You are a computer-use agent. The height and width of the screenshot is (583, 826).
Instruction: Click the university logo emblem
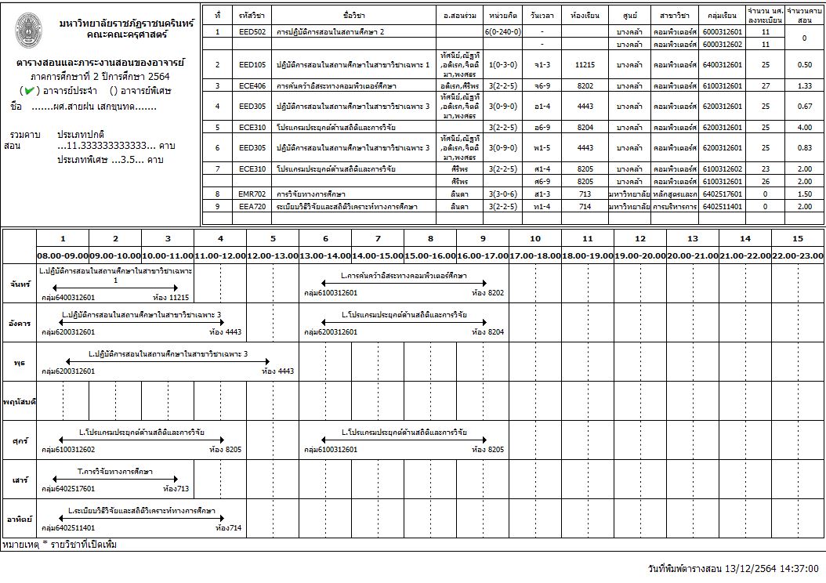pyautogui.click(x=31, y=29)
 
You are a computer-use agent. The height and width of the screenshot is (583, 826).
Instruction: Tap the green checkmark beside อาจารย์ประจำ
pyautogui.click(x=28, y=91)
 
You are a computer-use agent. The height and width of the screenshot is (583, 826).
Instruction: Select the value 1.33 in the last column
pyautogui.click(x=805, y=85)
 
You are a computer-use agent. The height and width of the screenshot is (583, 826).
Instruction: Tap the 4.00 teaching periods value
pyautogui.click(x=805, y=127)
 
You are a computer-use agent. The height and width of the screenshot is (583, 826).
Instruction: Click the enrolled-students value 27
pyautogui.click(x=766, y=85)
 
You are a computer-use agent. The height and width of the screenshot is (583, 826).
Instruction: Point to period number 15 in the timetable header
pyautogui.click(x=798, y=238)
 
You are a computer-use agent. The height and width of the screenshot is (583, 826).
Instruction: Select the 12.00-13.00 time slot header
pyautogui.click(x=273, y=256)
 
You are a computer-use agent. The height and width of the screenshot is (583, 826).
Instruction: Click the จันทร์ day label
pyautogui.click(x=20, y=283)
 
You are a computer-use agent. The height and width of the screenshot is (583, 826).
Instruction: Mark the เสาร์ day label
pyautogui.click(x=20, y=478)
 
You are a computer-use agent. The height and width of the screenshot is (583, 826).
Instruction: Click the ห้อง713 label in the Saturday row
pyautogui.click(x=176, y=489)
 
